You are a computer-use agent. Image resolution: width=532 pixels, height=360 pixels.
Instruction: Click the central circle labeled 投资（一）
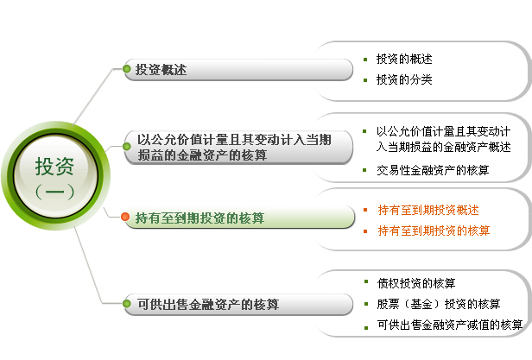click(x=55, y=176)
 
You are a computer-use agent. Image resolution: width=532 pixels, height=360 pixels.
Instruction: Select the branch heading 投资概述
click(x=161, y=70)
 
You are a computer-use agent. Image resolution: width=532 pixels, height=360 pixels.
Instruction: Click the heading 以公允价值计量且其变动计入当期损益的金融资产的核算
click(x=234, y=148)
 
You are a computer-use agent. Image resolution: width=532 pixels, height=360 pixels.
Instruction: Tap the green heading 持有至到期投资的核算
click(x=199, y=218)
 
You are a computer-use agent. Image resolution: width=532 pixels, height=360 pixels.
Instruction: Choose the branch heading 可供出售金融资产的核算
click(x=208, y=304)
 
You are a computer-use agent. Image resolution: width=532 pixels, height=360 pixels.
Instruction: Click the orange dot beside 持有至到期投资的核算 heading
click(x=125, y=217)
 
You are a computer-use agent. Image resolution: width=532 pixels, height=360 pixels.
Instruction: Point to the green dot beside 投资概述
click(x=127, y=69)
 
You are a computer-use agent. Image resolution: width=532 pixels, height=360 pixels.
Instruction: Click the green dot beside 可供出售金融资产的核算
click(x=127, y=303)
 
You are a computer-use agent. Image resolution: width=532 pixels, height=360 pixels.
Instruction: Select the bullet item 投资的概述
click(x=404, y=59)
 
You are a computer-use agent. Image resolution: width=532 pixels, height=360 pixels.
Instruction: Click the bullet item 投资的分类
click(x=404, y=79)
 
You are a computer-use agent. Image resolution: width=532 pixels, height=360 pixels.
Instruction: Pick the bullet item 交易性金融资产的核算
click(x=433, y=170)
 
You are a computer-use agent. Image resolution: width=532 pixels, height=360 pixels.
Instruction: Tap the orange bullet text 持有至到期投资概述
click(x=428, y=210)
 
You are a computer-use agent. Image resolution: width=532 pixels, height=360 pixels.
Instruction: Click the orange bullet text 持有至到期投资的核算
click(x=434, y=231)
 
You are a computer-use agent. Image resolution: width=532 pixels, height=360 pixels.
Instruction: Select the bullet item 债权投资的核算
click(x=416, y=283)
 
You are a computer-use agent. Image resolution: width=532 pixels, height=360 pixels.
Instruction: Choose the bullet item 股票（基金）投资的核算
click(x=439, y=304)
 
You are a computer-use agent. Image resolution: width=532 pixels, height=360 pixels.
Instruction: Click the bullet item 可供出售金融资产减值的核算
click(x=450, y=325)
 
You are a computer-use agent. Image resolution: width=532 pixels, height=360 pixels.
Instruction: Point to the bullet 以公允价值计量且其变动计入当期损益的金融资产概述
click(x=443, y=139)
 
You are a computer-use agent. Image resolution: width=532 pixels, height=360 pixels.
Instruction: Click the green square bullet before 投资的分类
click(x=365, y=80)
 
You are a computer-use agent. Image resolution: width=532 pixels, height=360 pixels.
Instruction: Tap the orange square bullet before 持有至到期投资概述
click(x=365, y=210)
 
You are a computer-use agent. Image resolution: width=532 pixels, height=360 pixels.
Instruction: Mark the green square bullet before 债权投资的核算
click(x=366, y=281)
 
